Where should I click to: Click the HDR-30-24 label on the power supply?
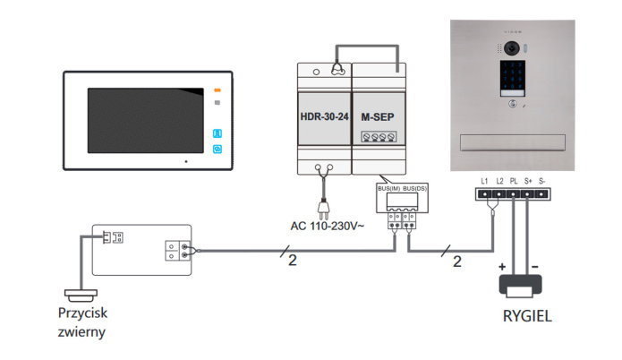coord(323,116)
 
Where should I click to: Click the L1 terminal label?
coord(484,181)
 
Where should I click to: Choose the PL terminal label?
coord(514,181)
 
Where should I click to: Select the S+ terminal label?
coord(528,181)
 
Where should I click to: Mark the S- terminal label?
coord(542,181)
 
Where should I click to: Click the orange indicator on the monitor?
coord(217,90)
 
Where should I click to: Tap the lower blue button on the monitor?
coord(217,150)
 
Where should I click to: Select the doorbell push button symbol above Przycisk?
coord(81,294)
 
